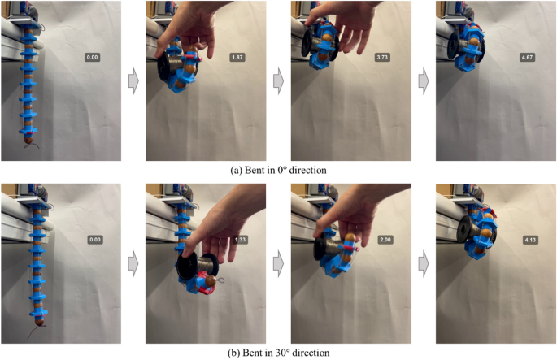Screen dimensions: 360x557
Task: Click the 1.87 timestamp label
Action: coord(238,57)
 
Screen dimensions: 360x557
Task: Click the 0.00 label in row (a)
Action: coord(93,57)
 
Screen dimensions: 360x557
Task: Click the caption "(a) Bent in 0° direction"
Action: coord(278,170)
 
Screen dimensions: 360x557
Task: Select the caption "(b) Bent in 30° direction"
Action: coord(278,353)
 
